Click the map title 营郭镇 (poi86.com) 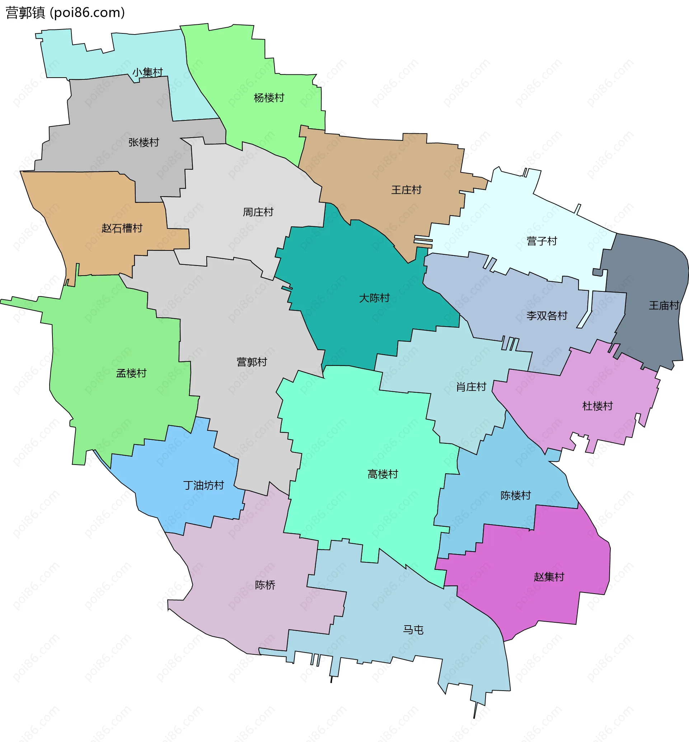click(65, 13)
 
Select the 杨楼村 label click(269, 98)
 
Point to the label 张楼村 click(144, 142)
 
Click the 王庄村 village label click(406, 190)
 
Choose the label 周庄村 click(258, 212)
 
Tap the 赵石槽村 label click(122, 228)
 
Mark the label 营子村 click(542, 241)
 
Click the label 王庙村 click(664, 306)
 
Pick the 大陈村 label click(374, 298)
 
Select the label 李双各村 click(547, 316)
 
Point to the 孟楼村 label click(131, 373)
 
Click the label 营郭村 click(252, 362)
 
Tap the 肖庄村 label click(471, 387)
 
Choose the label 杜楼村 click(597, 406)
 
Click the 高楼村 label click(383, 474)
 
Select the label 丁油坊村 click(203, 485)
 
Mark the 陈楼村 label click(516, 496)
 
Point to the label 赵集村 click(549, 577)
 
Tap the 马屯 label click(413, 630)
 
